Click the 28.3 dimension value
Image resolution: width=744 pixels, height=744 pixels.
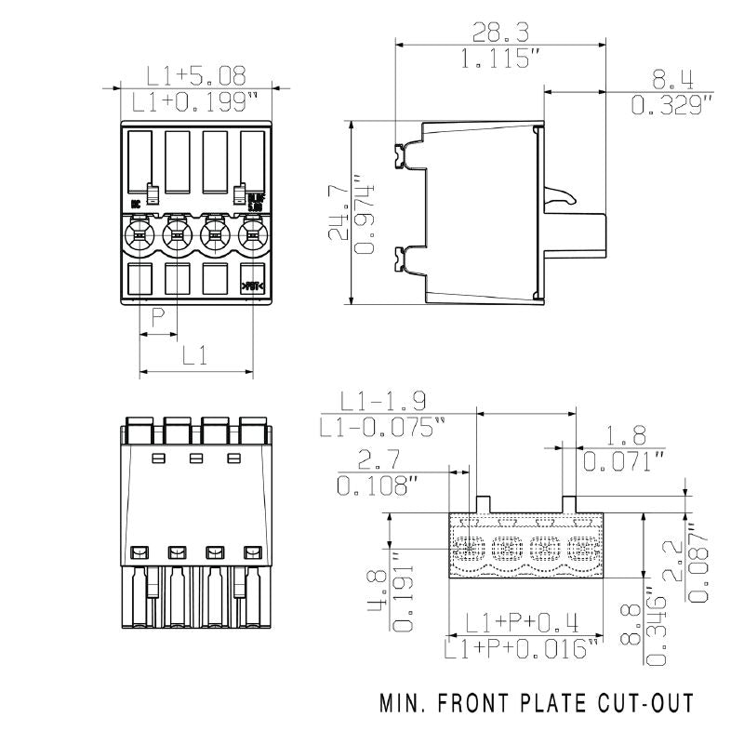[500, 33]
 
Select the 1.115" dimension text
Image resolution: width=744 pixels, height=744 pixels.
[501, 60]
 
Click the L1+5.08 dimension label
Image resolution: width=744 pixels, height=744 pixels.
[196, 75]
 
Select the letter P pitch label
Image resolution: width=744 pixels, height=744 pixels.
[157, 318]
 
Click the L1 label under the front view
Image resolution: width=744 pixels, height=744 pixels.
[194, 353]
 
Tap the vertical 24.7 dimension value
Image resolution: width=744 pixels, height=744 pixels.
[339, 212]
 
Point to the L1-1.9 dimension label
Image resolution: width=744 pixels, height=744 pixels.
[382, 401]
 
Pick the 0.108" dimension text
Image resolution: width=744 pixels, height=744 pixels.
[377, 485]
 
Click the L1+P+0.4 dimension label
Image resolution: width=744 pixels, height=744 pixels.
[522, 621]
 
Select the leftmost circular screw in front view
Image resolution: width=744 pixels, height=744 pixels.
[139, 232]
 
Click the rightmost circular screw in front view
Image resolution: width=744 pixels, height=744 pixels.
[252, 232]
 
